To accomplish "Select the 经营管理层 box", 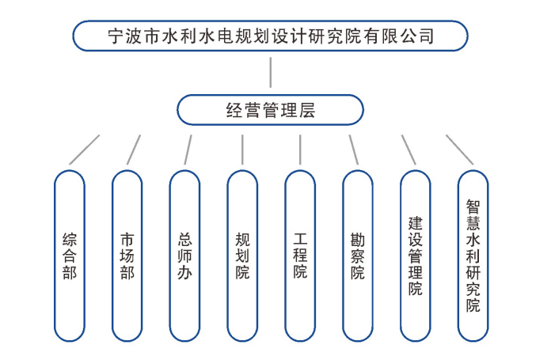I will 270,110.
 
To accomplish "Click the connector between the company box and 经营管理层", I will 271,73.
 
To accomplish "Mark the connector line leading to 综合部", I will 85,149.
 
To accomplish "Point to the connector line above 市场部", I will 134,149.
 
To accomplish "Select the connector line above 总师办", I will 188,149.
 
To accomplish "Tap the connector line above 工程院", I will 300,149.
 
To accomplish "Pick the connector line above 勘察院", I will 354,149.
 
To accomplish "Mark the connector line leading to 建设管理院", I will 408,149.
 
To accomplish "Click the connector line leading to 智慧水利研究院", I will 460,149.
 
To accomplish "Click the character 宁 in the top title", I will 116,36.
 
